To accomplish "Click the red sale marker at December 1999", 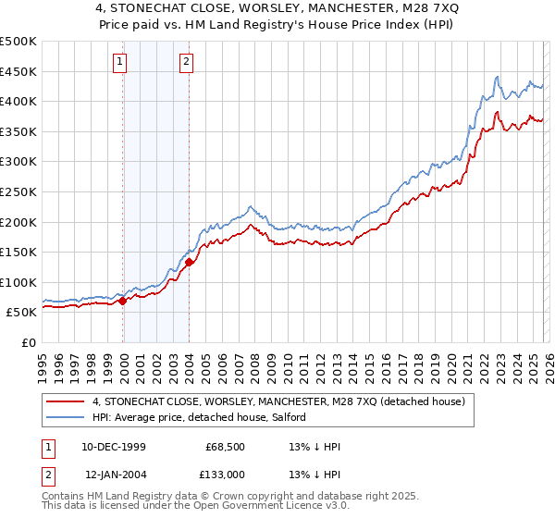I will [x=123, y=301].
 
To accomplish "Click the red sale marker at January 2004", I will [x=189, y=262].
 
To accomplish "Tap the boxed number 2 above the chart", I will [x=187, y=62].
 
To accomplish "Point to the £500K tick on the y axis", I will [x=18, y=42].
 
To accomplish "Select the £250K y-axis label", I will [x=18, y=191].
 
